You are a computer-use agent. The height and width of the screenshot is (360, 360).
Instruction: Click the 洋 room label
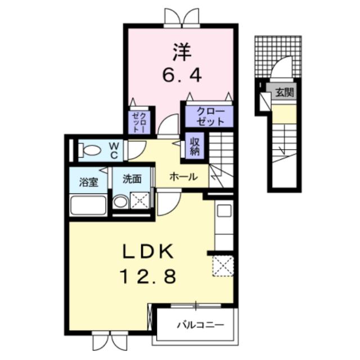pyautogui.click(x=182, y=52)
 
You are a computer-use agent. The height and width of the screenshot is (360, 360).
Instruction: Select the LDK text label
pyautogui.click(x=148, y=251)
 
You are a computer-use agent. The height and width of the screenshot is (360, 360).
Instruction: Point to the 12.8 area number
pyautogui.click(x=148, y=276)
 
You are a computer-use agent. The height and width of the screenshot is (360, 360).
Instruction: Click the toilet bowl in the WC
pyautogui.click(x=90, y=151)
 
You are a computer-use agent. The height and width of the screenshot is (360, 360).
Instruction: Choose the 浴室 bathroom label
pyautogui.click(x=89, y=182)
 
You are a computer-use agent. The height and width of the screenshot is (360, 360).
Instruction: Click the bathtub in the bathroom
pyautogui.click(x=88, y=205)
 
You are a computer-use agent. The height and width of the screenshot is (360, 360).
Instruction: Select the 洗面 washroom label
pyautogui.click(x=132, y=179)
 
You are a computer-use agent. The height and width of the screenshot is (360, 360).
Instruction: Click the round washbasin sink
pyautogui.click(x=120, y=202)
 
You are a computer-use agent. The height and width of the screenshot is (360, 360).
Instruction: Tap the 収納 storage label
pyautogui.click(x=195, y=146)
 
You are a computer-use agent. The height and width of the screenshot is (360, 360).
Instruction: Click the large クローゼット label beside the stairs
pyautogui.click(x=210, y=116)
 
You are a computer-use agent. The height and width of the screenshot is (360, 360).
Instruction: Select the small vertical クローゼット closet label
pyautogui.click(x=139, y=122)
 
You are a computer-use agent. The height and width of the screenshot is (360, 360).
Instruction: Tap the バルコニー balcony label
pyautogui.click(x=200, y=325)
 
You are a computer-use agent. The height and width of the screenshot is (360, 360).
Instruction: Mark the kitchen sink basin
pyautogui.click(x=224, y=211)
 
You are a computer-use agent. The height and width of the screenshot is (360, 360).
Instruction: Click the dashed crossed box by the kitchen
pyautogui.click(x=223, y=266)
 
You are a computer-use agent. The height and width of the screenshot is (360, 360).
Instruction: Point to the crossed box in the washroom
pyautogui.click(x=140, y=200)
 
